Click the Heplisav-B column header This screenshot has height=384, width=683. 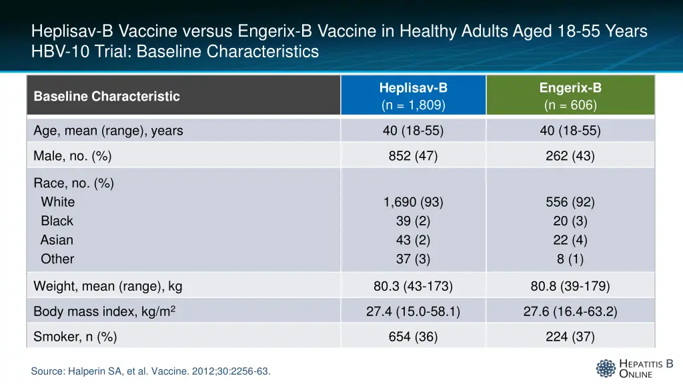pos(413,96)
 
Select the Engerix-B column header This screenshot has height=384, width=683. pos(570,96)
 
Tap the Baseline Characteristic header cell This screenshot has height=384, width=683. pos(107,96)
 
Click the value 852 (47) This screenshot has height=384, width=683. pos(413,157)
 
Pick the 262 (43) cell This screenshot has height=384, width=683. pos(570,157)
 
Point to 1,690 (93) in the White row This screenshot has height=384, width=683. pos(413,202)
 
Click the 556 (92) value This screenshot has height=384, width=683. pos(570,202)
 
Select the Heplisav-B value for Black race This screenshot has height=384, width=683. pos(413,221)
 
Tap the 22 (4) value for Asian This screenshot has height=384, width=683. pos(570,240)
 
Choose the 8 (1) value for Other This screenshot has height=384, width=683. pos(570,259)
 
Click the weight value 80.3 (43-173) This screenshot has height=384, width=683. pos(413,287)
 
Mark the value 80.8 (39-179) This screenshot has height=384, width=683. pos(570,287)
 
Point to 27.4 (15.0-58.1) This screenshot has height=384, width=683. pos(413,311)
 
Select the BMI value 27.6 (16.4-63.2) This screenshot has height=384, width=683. pos(570,311)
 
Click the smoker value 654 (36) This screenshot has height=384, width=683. pos(413,337)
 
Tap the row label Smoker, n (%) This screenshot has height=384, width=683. pos(75,337)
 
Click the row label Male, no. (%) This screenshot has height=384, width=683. pos(73,157)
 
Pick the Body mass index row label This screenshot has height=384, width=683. pos(104,311)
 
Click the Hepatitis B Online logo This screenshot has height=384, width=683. pos(634,368)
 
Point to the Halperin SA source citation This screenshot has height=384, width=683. pos(151,371)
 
